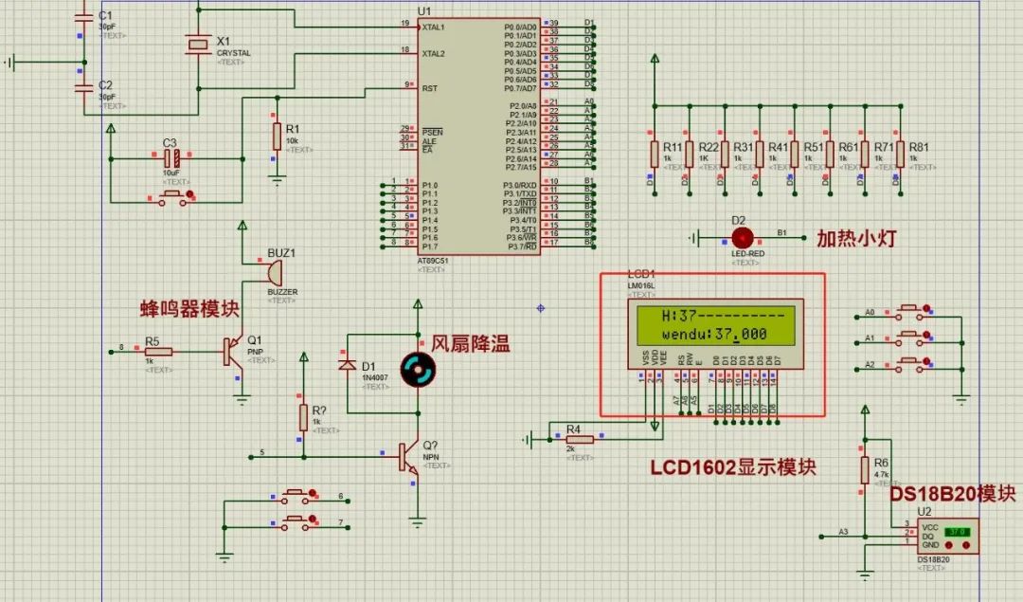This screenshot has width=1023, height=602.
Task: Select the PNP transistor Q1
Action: pos(231,352)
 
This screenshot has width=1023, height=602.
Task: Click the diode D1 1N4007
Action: pos(348,364)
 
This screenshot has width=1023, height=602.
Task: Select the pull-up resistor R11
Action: pos(654,153)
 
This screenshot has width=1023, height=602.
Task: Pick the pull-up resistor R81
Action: pos(899,153)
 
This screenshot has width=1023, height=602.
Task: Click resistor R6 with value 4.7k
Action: pos(864,469)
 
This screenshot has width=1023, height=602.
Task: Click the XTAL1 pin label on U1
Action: pos(433,27)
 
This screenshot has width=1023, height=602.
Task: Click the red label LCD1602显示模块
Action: pos(732,467)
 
